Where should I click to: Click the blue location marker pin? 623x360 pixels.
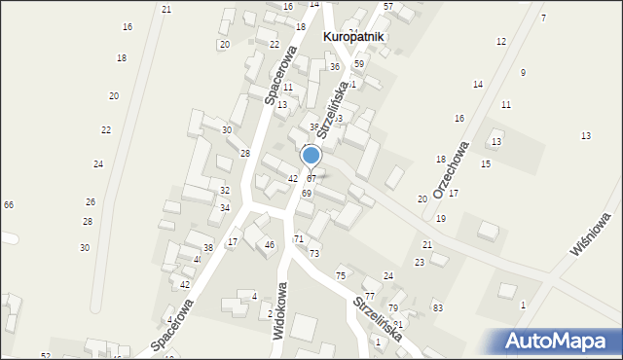tap(311, 157)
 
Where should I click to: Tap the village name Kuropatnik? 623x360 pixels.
tap(352, 37)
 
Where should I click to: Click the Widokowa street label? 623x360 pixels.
tap(281, 308)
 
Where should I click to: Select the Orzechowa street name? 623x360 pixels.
tap(452, 170)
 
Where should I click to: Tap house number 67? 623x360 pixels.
tap(311, 179)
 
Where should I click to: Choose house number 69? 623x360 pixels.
tap(306, 194)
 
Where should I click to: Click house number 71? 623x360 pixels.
tap(299, 238)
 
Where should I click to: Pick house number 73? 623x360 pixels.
tap(314, 253)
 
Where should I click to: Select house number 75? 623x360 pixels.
tap(341, 276)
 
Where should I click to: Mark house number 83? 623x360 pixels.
tap(438, 307)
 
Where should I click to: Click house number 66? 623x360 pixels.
tap(9, 204)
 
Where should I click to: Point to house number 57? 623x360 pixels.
tap(387, 7)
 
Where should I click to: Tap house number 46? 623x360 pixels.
tap(269, 244)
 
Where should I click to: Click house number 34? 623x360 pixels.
tap(225, 208)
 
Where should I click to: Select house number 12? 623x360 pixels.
tap(501, 42)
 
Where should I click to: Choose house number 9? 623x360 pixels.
tap(523, 73)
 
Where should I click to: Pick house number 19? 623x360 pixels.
tap(441, 219)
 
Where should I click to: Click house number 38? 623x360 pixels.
tap(208, 248)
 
